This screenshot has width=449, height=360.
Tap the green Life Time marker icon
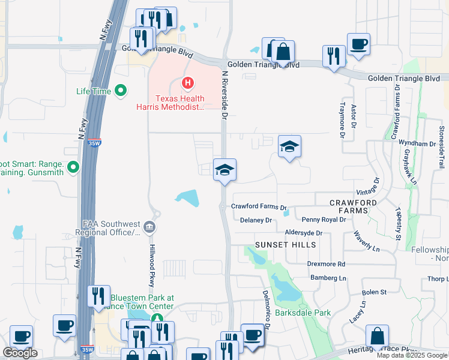point(121,91)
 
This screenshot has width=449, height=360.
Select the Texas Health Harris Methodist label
point(180,103)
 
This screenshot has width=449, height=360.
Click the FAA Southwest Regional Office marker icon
point(149,226)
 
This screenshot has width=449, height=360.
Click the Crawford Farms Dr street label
point(259,206)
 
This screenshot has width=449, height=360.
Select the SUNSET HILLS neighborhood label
point(285,245)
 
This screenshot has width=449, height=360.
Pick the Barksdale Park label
point(303,313)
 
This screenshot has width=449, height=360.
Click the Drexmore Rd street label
point(326,264)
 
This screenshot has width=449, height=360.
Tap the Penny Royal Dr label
point(324,220)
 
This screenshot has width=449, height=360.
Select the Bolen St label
point(375,292)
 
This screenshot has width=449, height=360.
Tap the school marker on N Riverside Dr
point(224,171)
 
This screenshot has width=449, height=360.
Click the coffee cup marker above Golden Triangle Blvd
point(358,45)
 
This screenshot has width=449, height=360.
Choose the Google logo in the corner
point(20,352)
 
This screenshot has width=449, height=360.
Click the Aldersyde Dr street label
point(303,232)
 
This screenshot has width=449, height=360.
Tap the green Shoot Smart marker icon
point(73,166)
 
